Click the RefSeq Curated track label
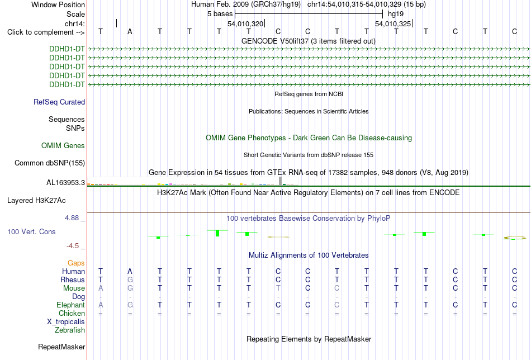59,102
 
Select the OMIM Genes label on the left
63,146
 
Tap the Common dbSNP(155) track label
50,163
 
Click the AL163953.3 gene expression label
66,183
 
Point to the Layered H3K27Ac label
36,201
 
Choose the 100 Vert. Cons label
31,231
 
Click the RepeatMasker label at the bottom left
61,347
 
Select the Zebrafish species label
70,330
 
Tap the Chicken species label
72,313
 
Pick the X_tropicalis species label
66,322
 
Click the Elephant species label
71,305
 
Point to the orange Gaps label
76,263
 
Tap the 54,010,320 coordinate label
245,23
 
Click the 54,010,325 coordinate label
393,23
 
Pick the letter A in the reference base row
130,32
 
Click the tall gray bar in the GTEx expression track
281,181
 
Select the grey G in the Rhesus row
130,280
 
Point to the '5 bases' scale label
220,14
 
